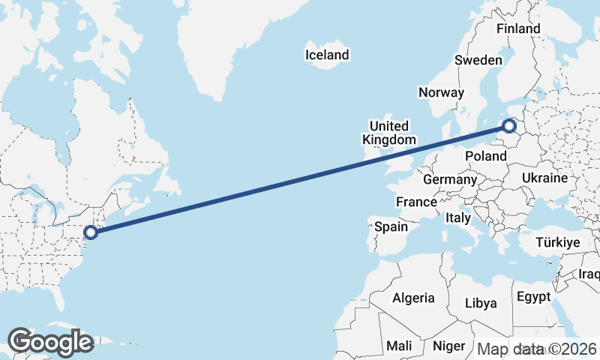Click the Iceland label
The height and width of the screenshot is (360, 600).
coord(327,55)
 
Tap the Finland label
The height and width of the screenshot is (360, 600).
coord(518,28)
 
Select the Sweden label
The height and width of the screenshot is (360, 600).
coord(478,61)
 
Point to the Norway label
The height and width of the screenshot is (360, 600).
coord(442,92)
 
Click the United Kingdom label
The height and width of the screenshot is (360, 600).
coord(388,133)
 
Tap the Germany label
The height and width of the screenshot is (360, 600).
coord(450,180)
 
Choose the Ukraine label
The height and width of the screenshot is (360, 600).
coord(544,178)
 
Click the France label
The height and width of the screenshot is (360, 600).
coord(416,202)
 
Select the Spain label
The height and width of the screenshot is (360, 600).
coord(391,226)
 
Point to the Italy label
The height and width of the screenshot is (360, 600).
coord(457,217)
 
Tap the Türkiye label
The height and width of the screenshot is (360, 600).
coord(558,243)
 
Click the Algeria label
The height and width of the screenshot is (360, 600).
coord(413,298)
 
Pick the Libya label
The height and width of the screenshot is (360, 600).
coord(481,304)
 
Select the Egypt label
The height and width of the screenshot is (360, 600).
coord(534,296)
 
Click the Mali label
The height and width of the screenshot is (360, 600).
coord(398,346)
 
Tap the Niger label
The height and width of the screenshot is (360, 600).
coord(449,346)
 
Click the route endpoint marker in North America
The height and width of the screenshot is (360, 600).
coord(91,232)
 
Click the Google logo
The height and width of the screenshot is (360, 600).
coord(50,342)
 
